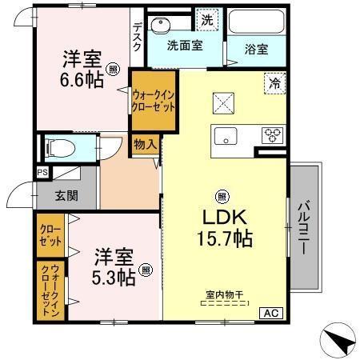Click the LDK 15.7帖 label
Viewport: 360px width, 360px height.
[x=222, y=228]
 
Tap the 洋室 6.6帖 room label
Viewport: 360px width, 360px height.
[x=83, y=70]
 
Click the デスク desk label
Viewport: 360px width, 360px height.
[x=137, y=37]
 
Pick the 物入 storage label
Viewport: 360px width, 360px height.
[x=145, y=145]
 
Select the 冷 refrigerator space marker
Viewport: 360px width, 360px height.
[x=274, y=82]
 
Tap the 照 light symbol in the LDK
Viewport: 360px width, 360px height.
[x=222, y=194]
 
